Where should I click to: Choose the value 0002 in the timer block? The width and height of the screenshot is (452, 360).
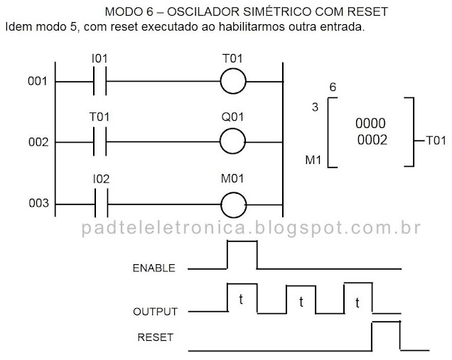coord(372,140)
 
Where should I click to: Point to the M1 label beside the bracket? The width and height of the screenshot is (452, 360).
coord(313,162)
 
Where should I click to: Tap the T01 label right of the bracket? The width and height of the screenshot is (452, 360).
coord(434,140)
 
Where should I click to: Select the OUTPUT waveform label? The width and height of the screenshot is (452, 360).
coord(155,312)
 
